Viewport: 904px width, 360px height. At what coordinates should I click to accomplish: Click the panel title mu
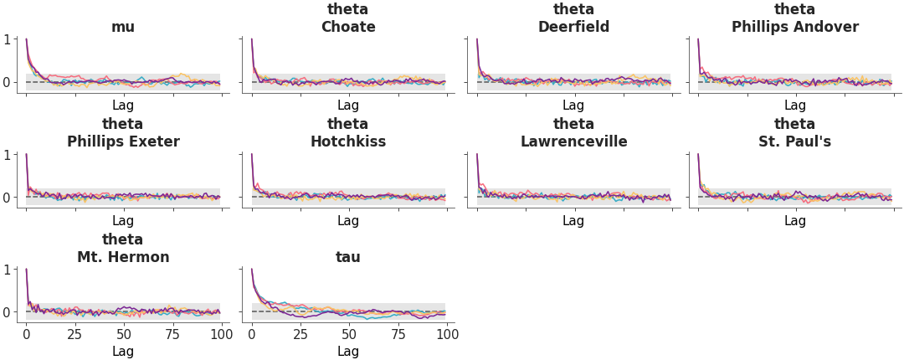[x=123, y=27]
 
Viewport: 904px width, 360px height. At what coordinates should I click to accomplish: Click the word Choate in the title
[x=348, y=27]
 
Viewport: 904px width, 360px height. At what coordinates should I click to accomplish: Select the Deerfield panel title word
[x=573, y=27]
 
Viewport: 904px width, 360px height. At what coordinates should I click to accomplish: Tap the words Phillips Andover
[x=794, y=27]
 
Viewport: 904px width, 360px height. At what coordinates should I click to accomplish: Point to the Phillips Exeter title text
[x=123, y=141]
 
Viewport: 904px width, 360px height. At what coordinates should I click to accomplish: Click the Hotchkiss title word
[x=348, y=141]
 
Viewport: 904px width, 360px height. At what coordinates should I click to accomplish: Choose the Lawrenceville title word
[x=573, y=141]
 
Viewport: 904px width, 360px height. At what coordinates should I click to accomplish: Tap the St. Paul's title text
[x=794, y=141]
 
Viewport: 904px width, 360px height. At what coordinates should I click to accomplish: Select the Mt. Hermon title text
[x=123, y=257]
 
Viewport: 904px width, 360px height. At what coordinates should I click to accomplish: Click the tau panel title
[x=348, y=257]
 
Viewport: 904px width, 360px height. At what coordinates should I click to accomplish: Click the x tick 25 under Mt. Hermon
[x=74, y=335]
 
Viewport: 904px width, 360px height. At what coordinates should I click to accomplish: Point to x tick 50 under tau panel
[x=349, y=335]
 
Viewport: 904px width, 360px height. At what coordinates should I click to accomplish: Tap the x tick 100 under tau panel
[x=447, y=335]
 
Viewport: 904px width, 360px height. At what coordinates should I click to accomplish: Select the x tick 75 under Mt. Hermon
[x=172, y=335]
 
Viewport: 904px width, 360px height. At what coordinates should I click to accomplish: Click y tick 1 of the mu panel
[x=8, y=39]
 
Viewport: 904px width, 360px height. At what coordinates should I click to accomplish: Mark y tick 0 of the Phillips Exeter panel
[x=8, y=198]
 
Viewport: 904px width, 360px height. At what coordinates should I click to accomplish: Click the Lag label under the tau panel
[x=348, y=352]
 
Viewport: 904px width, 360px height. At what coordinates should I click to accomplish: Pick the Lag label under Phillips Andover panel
[x=794, y=105]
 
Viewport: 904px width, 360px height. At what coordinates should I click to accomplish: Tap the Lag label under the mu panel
[x=123, y=105]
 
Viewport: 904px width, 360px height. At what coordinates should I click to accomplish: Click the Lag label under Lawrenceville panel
[x=573, y=221]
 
